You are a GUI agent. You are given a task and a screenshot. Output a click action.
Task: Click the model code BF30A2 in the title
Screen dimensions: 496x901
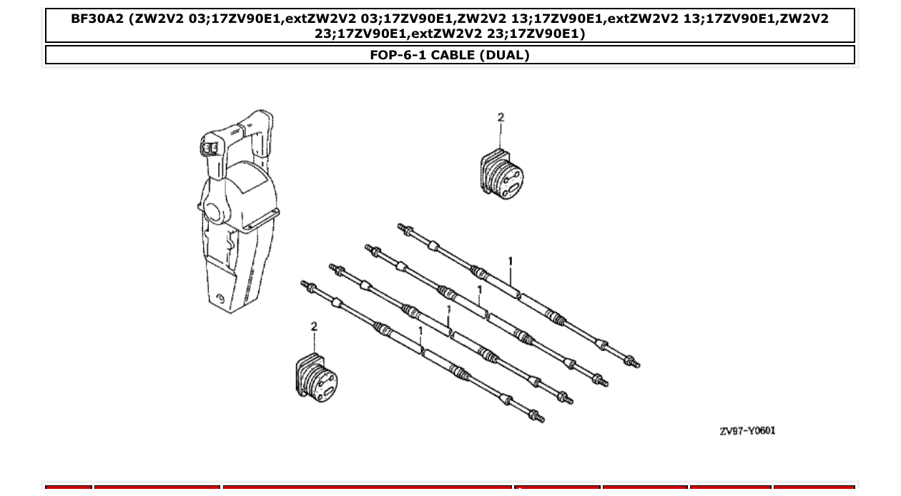[97, 19]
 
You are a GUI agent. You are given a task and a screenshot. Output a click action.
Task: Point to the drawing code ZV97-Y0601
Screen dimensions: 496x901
[747, 431]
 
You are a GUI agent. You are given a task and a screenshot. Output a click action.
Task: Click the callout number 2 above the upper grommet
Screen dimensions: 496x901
[501, 118]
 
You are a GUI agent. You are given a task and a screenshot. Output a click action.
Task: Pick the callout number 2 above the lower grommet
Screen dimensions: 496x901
[314, 327]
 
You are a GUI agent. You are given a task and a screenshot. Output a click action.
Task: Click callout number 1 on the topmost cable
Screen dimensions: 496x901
[510, 262]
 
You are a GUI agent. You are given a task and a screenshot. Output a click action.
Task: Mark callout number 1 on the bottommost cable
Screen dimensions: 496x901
[420, 331]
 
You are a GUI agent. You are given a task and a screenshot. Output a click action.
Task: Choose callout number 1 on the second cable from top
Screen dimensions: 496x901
[479, 289]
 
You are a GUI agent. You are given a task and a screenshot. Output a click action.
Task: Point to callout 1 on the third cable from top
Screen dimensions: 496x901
[448, 310]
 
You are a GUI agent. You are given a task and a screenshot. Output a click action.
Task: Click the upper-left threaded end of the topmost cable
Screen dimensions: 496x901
[403, 229]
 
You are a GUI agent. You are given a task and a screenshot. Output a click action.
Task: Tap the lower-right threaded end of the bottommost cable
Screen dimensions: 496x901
[536, 416]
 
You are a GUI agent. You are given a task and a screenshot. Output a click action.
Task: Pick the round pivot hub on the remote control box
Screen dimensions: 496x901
[213, 212]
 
